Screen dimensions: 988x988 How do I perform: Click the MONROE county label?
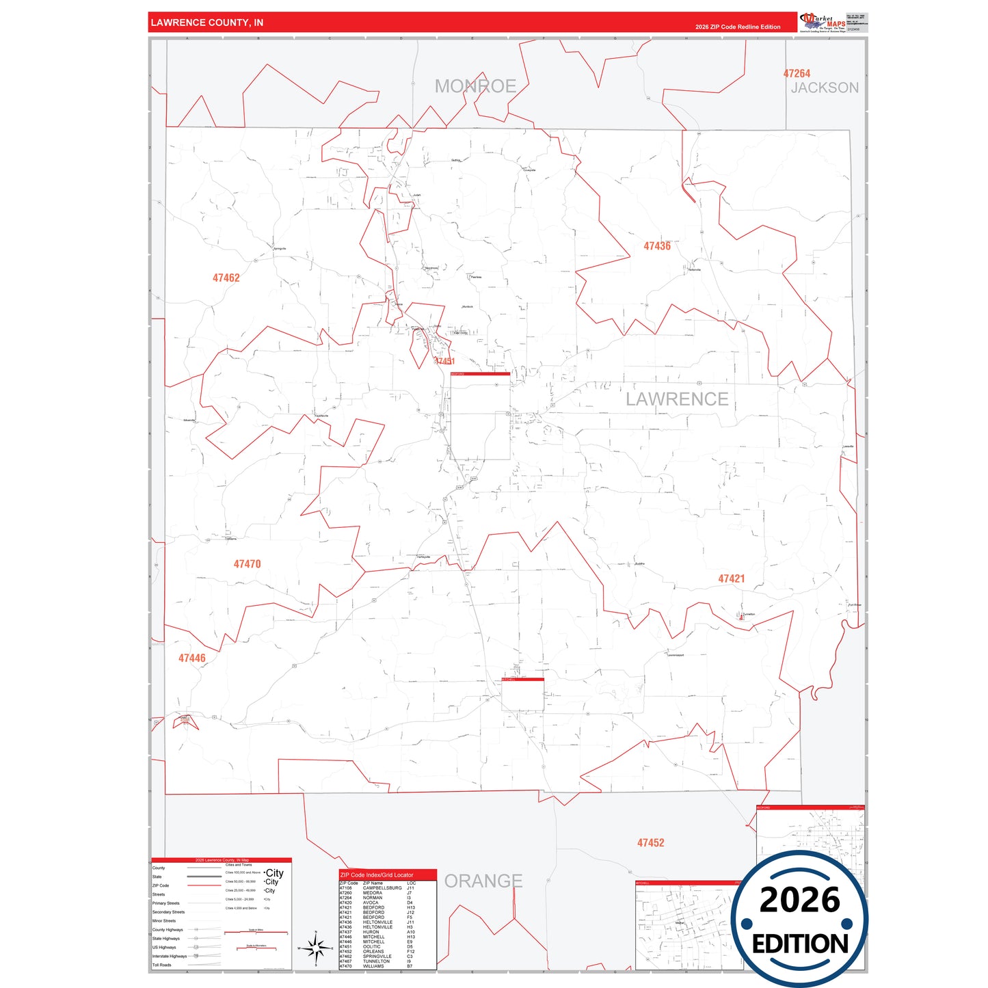tap(475, 86)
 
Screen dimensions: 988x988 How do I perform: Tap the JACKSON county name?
tap(825, 88)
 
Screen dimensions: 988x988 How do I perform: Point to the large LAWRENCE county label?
tap(677, 399)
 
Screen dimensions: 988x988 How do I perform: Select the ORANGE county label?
tap(483, 881)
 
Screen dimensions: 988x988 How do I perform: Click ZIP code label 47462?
tap(226, 278)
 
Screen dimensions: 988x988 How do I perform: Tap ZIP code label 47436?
tap(656, 246)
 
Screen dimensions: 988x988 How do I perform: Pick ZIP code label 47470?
tap(247, 564)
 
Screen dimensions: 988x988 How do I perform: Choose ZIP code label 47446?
tap(191, 658)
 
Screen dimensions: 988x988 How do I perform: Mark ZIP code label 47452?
tap(650, 843)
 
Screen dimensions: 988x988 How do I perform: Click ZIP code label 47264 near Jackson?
tap(797, 73)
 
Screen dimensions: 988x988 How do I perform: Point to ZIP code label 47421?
tap(731, 578)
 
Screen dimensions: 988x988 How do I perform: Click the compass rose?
tap(316, 948)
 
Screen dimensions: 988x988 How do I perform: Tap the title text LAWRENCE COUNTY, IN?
tap(206, 23)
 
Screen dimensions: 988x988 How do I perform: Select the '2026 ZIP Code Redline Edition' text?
tap(738, 27)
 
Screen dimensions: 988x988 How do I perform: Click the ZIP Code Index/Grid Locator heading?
tap(377, 874)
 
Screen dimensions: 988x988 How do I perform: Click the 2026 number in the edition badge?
tap(799, 900)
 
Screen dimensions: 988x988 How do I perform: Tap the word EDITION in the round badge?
tap(800, 944)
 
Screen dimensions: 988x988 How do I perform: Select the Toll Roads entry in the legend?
tap(162, 965)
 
